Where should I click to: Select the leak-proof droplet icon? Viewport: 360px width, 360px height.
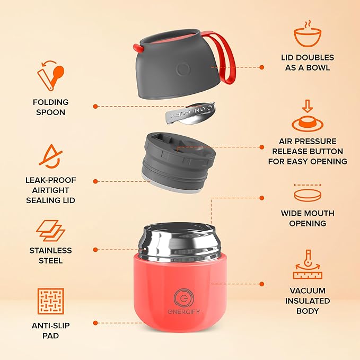point(51,156)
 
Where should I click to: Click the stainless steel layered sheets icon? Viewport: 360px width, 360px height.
point(51,231)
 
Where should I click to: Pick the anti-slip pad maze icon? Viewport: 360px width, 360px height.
point(51,301)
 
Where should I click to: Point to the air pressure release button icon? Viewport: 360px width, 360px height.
point(308,117)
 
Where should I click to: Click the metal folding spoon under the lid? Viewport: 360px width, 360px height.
point(186,116)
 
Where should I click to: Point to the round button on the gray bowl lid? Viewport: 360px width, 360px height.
point(183,69)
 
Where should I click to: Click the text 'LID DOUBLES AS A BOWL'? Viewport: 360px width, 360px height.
point(308,62)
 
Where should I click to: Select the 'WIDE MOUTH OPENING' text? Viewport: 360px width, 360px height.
point(308,218)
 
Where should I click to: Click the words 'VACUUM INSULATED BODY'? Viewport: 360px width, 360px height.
point(308,301)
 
